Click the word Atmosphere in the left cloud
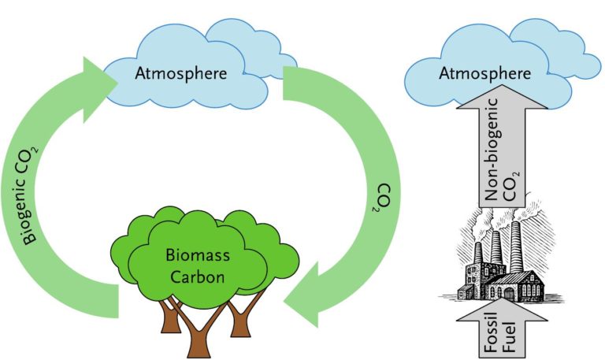(x=181, y=74)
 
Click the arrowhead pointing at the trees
(x=304, y=292)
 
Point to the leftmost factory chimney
(x=478, y=256)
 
